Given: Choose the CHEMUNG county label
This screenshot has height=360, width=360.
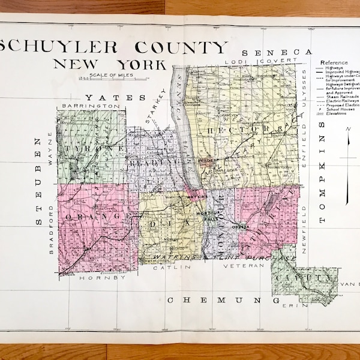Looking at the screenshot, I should [221, 299].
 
